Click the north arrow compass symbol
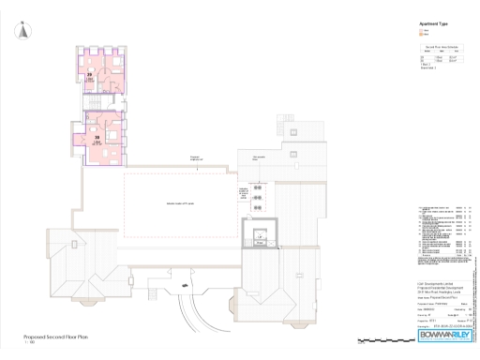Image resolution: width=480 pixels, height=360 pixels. [x=23, y=32]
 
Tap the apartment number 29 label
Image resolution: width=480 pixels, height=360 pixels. [x=90, y=73]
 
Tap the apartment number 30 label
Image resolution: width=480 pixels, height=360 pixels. [x=97, y=137]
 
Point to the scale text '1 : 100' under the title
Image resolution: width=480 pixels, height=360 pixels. [x=29, y=342]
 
